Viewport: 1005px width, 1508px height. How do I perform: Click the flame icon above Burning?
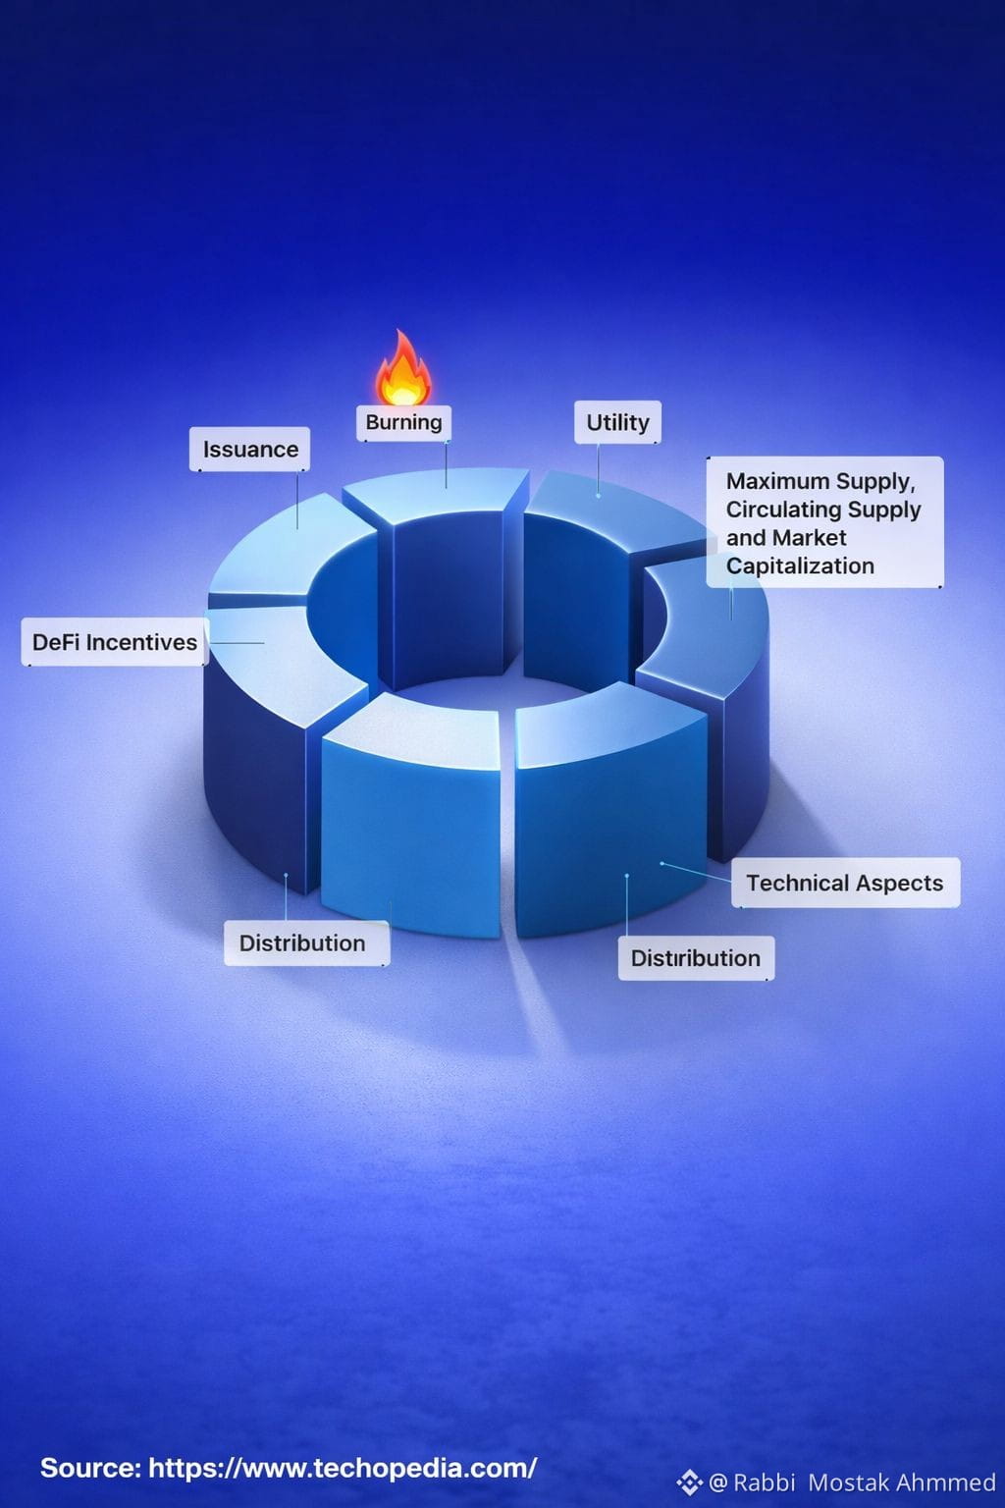[402, 370]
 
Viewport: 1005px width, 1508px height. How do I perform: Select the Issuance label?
[250, 450]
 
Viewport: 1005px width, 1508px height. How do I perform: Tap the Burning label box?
[403, 422]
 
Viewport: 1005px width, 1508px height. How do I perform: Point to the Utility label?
[617, 422]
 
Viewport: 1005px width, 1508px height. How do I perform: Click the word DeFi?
[56, 642]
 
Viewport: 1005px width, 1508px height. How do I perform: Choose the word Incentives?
[141, 642]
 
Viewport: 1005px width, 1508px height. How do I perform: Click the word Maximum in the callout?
[770, 481]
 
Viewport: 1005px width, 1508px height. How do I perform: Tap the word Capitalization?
[800, 565]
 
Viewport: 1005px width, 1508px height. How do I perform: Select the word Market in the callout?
[809, 538]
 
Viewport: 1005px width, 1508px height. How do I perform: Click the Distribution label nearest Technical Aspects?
[695, 958]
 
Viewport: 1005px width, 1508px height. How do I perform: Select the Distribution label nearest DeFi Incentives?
[302, 942]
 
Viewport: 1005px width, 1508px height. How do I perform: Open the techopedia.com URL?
[343, 1468]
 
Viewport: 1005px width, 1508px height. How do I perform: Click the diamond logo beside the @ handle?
[689, 1481]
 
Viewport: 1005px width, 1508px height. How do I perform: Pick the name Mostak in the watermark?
[848, 1481]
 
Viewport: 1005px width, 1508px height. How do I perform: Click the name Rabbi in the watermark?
[764, 1481]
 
